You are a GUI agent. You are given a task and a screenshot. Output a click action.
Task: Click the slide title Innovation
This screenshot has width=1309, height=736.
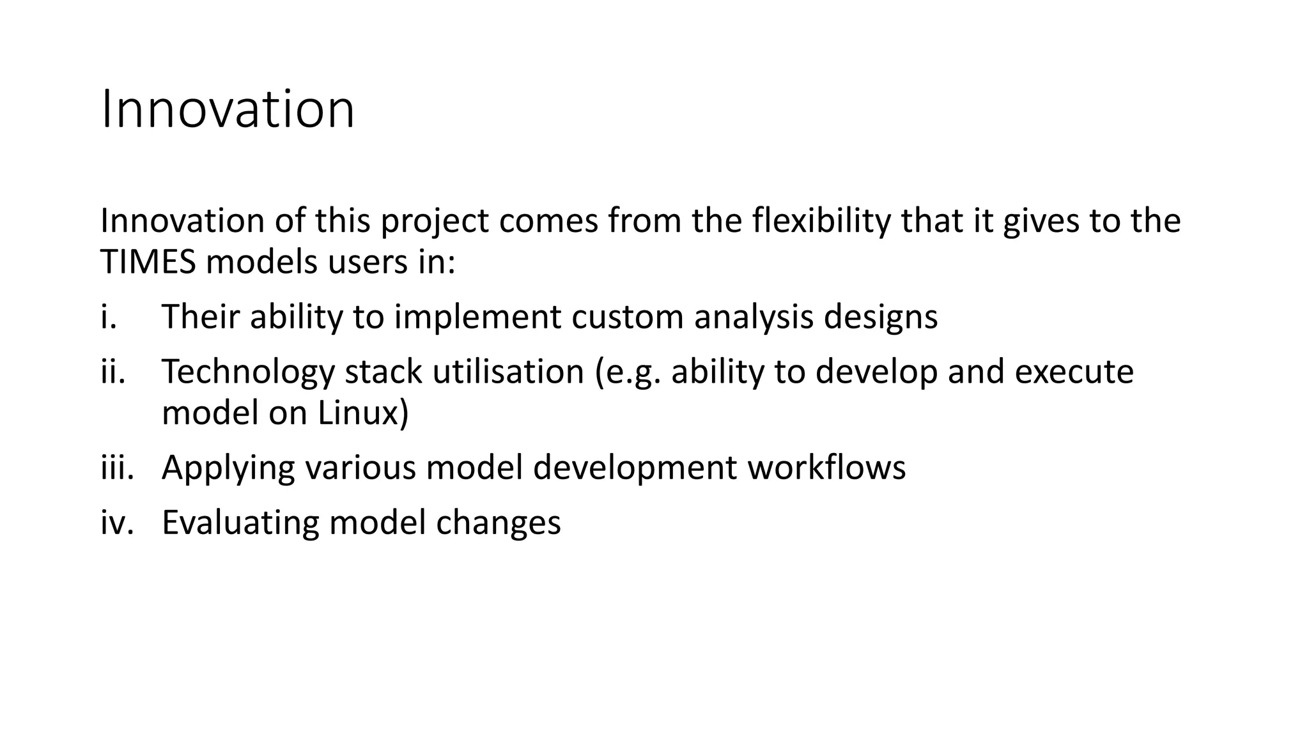(228, 110)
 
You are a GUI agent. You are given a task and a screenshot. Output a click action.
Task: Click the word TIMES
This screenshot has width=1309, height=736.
(148, 263)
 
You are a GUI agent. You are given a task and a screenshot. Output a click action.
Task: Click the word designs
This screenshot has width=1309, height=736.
(880, 318)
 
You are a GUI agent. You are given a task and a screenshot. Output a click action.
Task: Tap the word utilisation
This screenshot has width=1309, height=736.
(508, 372)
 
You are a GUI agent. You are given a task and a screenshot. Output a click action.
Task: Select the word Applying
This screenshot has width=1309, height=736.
(228, 468)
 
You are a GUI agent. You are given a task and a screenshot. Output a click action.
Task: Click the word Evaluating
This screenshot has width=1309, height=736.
(240, 523)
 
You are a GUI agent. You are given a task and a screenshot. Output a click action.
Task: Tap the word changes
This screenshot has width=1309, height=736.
(499, 523)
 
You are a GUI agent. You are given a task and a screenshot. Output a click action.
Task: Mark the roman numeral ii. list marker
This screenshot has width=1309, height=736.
(113, 372)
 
